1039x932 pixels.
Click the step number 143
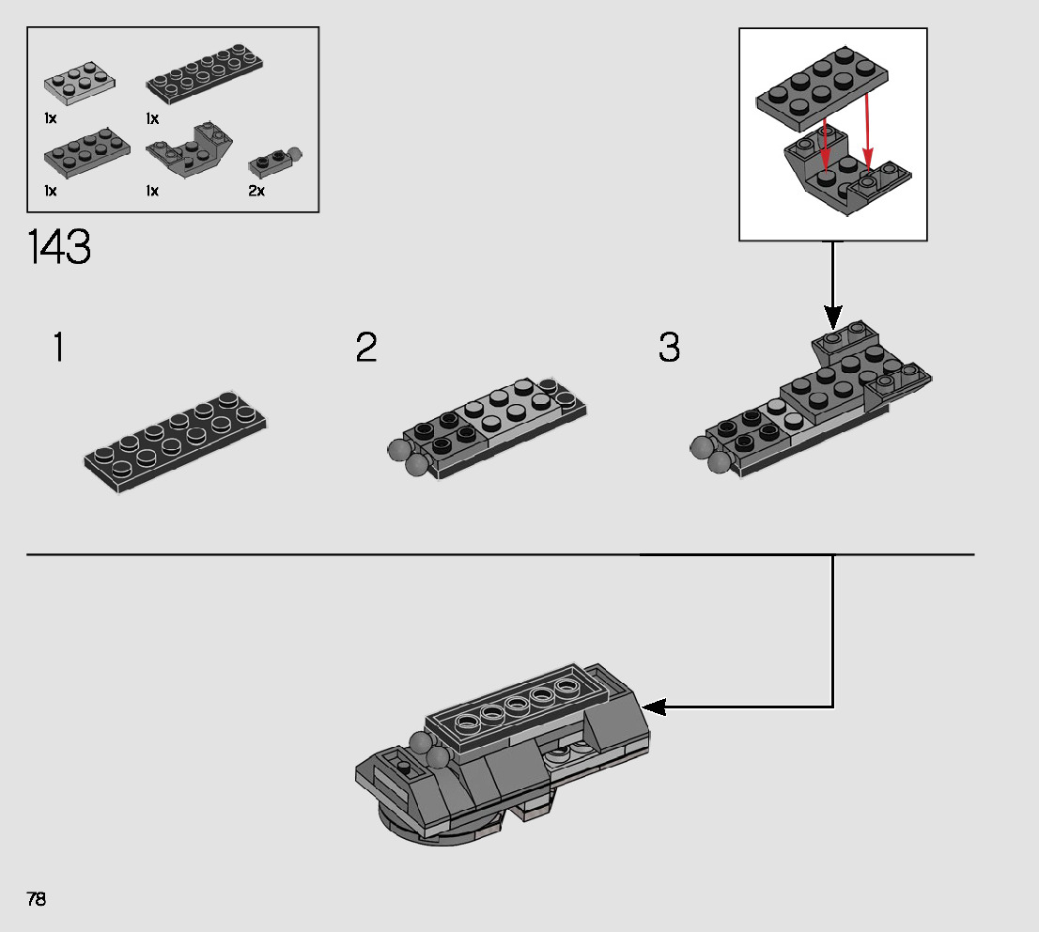coord(60,248)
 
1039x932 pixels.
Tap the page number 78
coord(37,899)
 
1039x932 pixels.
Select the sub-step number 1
coord(58,348)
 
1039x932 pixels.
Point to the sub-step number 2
coord(366,348)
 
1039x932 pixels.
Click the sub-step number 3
coord(668,348)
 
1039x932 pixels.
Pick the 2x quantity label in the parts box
coord(256,191)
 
